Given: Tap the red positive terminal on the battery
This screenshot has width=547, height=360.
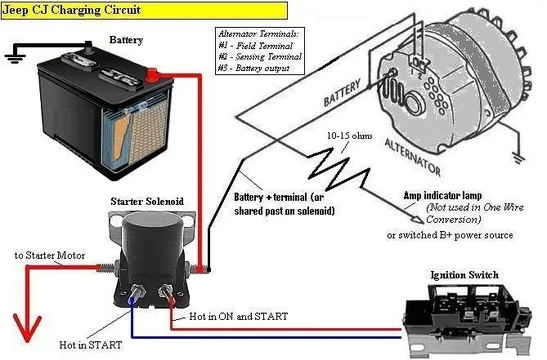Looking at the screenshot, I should pos(152,73).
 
